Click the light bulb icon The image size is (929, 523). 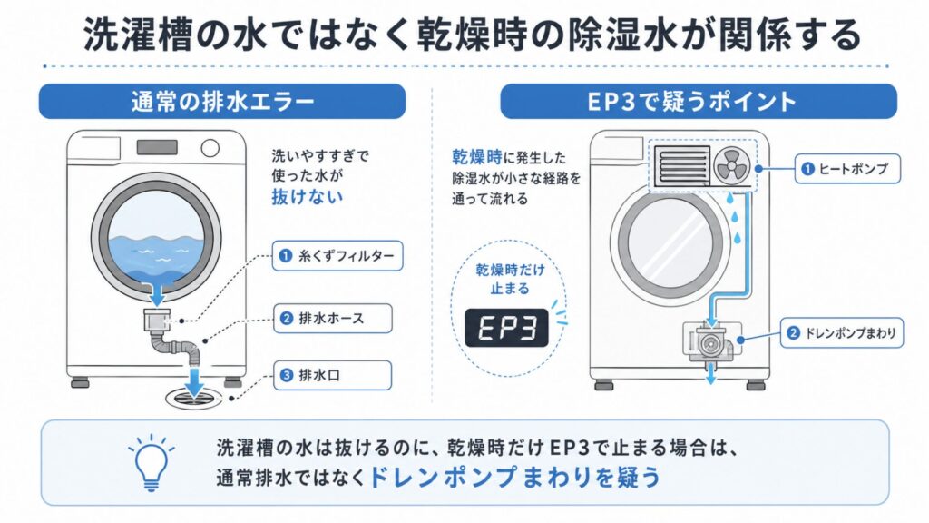tap(152, 463)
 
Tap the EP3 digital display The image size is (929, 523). tap(506, 328)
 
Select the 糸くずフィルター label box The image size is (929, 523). tap(337, 255)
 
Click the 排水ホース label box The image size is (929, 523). tap(332, 319)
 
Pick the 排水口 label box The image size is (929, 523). tap(332, 375)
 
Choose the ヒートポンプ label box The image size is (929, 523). tap(847, 169)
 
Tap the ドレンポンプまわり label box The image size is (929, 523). tap(842, 332)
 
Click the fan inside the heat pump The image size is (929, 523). tap(732, 165)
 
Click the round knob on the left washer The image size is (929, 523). tap(210, 148)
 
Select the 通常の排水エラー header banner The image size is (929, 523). tap(222, 102)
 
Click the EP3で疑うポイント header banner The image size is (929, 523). tap(699, 102)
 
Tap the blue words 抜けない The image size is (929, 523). tap(307, 196)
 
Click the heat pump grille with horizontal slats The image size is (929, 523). tap(682, 165)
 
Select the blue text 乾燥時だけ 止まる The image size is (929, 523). tap(510, 280)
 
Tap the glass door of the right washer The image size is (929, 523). tap(670, 243)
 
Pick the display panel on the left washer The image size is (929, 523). tap(157, 147)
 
